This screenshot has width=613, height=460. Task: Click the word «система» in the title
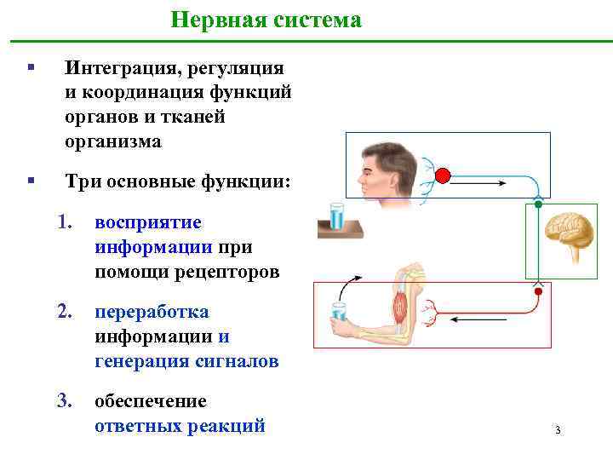[x=317, y=20]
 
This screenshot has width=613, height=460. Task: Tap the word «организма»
[x=113, y=141]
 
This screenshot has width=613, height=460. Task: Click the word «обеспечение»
[x=151, y=400]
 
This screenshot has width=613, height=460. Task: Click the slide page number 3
[x=557, y=430]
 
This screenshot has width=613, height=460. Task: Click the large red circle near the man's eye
[x=442, y=177]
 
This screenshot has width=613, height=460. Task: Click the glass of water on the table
[x=337, y=216]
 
